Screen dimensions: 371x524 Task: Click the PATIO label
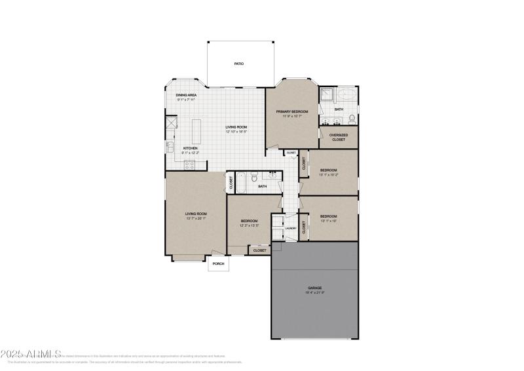click(x=239, y=64)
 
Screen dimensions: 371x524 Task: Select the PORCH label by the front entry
click(x=218, y=264)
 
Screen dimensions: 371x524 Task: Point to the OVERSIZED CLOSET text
click(x=339, y=137)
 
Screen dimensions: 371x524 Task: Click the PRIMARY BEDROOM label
click(x=291, y=112)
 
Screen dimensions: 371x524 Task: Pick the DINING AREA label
click(x=186, y=96)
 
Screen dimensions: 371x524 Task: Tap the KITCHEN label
click(x=191, y=148)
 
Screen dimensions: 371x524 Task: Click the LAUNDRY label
click(x=291, y=229)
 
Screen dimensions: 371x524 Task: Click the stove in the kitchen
click(x=189, y=165)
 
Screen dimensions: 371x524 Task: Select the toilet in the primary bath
click(x=352, y=119)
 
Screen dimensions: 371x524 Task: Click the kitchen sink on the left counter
click(x=169, y=146)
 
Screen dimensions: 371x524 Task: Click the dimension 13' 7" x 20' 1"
click(x=195, y=218)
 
